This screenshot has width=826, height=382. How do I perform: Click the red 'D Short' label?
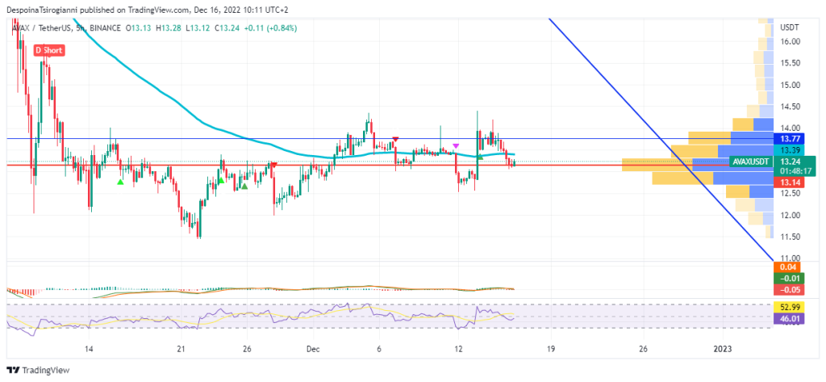(x=49, y=50)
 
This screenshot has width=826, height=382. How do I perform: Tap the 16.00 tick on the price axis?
(x=790, y=41)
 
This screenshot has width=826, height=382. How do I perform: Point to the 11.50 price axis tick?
(x=790, y=237)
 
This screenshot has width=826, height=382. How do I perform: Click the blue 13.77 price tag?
(x=789, y=138)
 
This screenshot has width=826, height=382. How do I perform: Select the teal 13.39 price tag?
(x=789, y=150)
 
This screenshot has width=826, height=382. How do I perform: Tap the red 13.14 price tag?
(x=789, y=183)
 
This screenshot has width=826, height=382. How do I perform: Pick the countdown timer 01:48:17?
(x=789, y=171)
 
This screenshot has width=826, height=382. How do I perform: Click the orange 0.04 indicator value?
(x=786, y=267)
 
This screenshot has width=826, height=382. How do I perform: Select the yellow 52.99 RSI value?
(x=786, y=308)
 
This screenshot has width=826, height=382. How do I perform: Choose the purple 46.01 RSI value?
(x=786, y=320)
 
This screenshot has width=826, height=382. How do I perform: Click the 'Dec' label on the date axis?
(x=313, y=349)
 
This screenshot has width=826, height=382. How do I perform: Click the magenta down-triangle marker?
(x=456, y=145)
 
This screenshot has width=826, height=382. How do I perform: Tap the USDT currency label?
(x=790, y=27)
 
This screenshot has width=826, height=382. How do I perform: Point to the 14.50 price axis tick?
(x=790, y=107)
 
